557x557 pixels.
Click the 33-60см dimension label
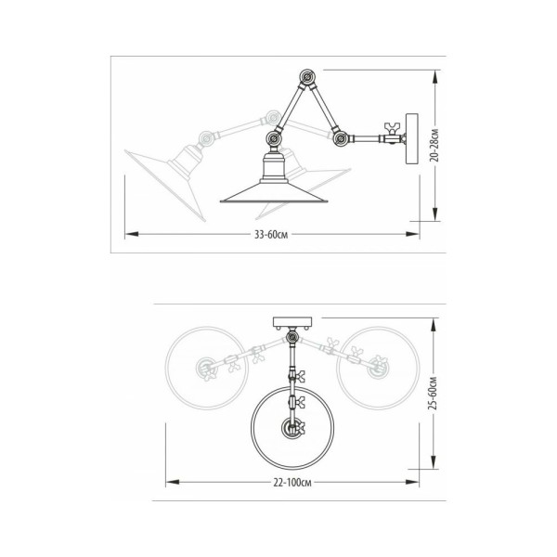point(271,235)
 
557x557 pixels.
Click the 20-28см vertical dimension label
point(434,146)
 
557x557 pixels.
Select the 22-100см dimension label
point(292,483)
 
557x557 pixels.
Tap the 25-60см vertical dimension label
point(433,393)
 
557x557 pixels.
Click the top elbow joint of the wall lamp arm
point(307,77)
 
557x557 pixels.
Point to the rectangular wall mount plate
point(412,139)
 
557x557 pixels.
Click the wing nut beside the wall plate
point(393,128)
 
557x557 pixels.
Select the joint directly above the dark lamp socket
point(274,137)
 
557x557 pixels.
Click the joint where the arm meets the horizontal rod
point(341,138)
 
